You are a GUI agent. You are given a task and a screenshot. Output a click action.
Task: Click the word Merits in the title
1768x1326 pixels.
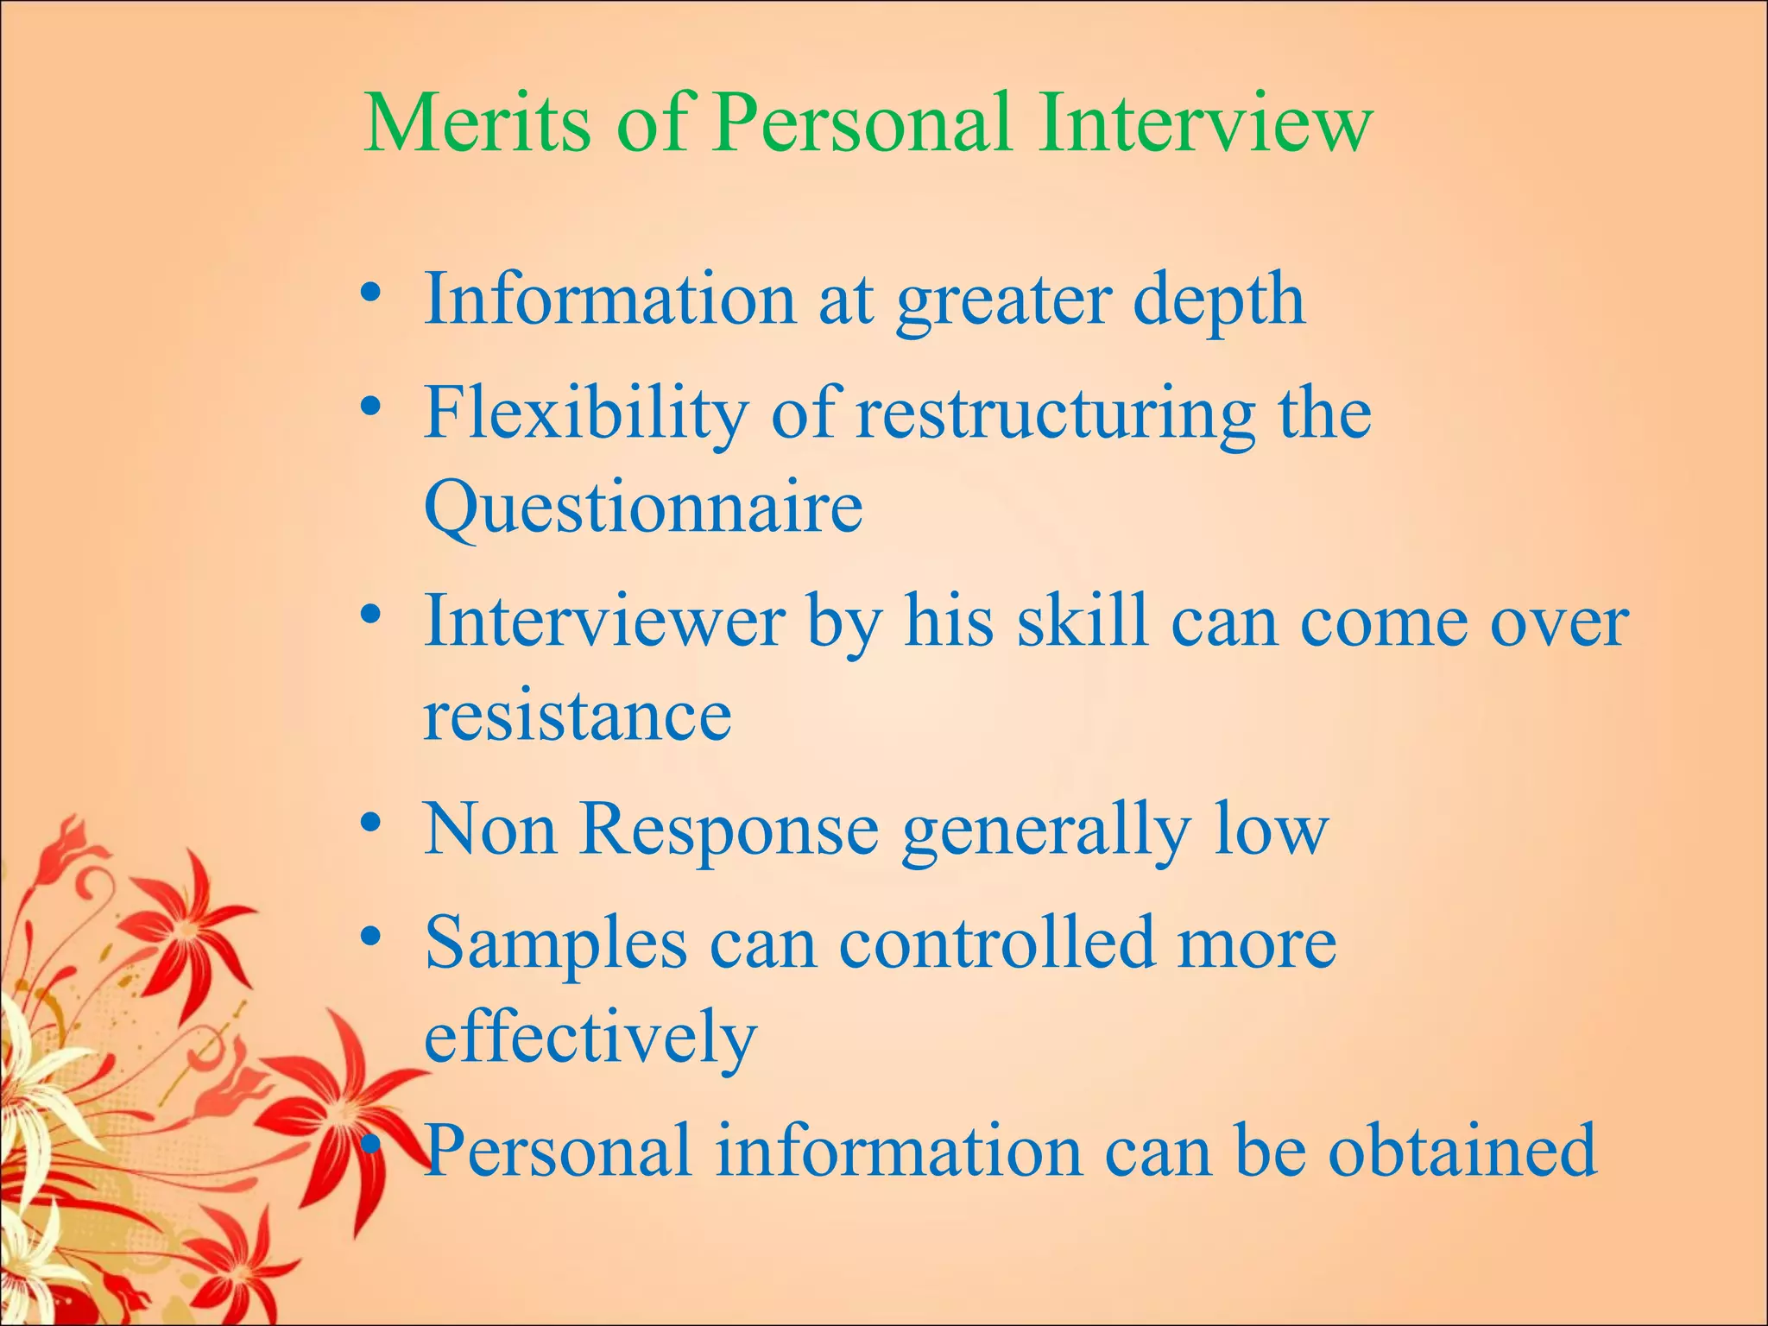(477, 123)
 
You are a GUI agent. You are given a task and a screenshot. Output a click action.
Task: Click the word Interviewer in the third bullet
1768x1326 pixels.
(604, 622)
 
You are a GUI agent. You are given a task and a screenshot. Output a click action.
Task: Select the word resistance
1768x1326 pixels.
(578, 717)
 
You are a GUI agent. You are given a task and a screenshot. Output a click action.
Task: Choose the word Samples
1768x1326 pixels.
(556, 944)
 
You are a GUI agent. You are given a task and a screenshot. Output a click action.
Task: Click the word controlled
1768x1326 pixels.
(996, 944)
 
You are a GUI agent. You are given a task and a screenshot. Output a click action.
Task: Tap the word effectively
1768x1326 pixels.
(590, 1038)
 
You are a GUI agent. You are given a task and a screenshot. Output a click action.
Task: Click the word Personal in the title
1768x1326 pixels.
(862, 123)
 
